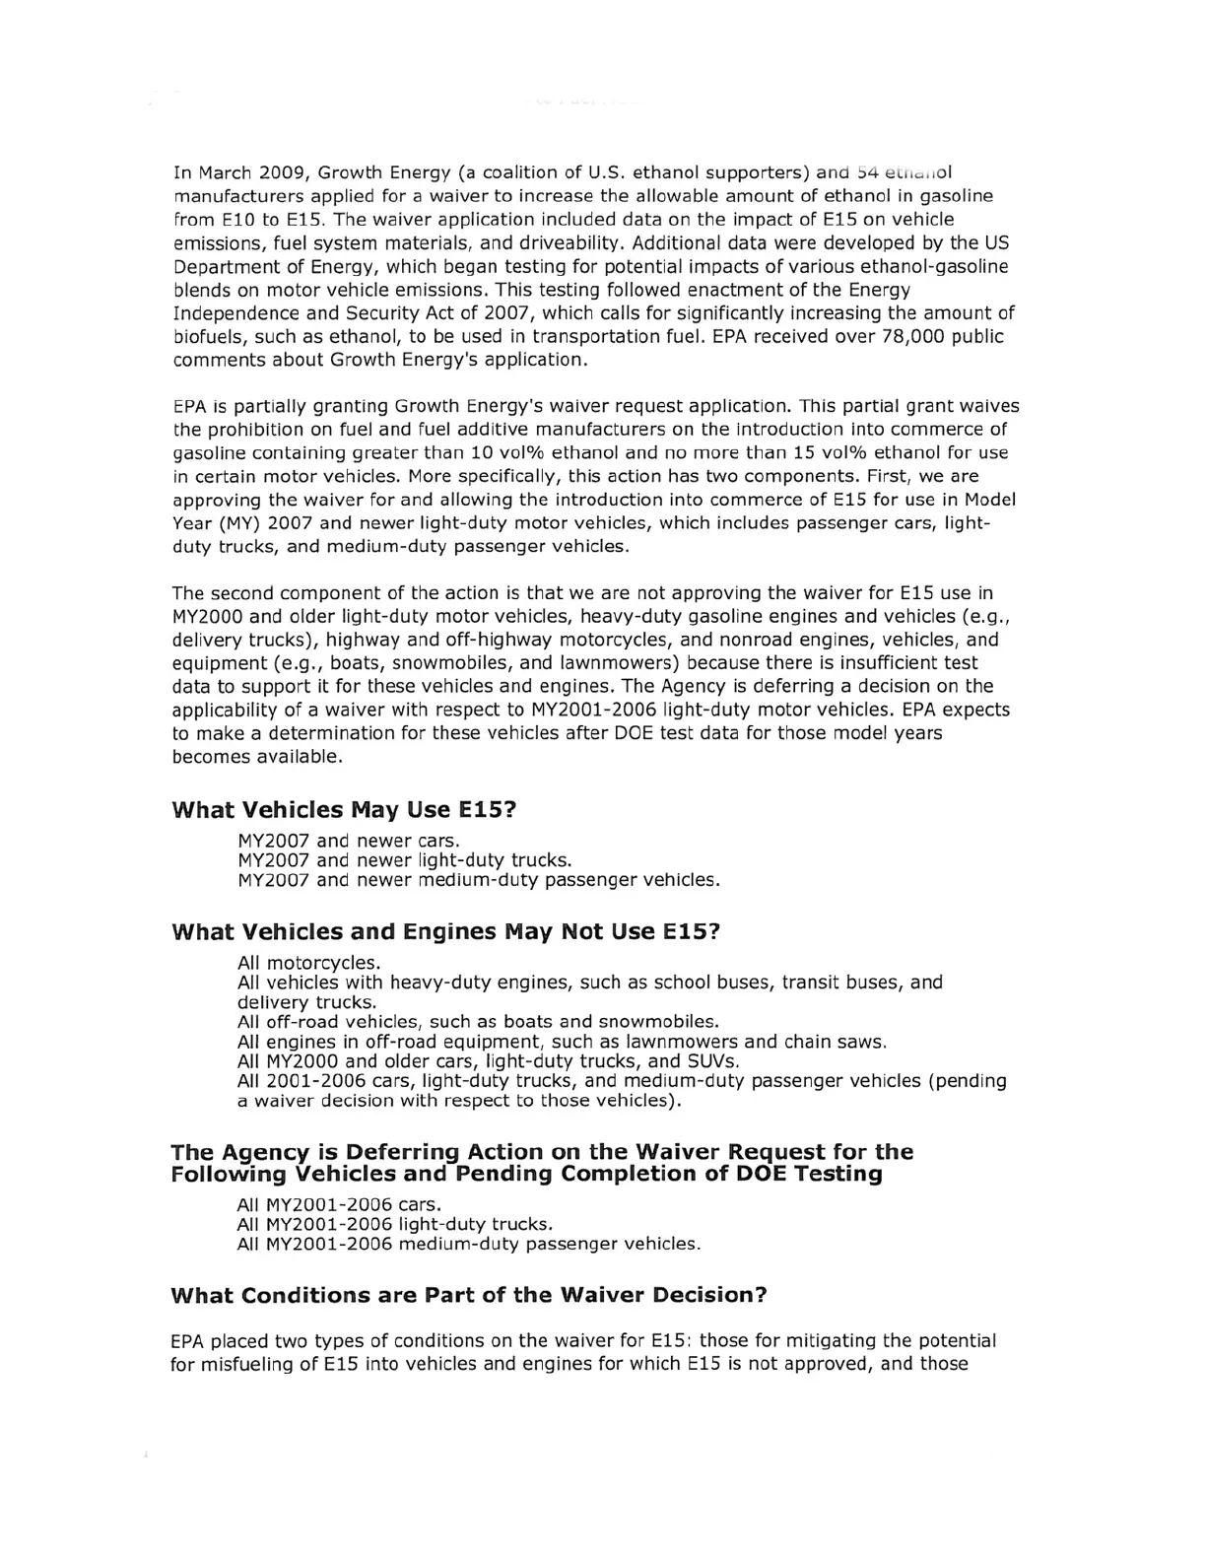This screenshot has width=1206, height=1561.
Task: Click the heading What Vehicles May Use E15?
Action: coord(344,810)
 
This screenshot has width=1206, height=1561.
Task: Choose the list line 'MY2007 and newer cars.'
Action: coord(349,841)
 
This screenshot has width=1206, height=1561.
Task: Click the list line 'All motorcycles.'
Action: coord(309,962)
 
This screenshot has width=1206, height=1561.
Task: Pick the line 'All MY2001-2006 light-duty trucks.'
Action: coord(395,1224)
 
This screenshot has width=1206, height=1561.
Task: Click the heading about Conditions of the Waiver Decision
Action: coord(469,1295)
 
